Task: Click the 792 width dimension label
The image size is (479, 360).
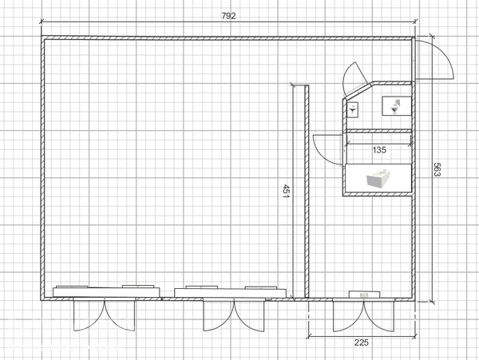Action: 228,16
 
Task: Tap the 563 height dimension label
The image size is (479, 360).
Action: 437,169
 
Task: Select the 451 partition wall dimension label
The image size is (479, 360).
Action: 286,191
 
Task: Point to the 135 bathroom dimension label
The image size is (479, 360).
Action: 379,150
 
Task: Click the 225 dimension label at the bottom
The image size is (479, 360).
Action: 362,342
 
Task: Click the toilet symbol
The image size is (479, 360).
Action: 396,106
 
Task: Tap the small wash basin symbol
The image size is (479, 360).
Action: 353,109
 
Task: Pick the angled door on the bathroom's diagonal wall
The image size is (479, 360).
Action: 354,78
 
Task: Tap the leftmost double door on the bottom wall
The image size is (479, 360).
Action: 104,315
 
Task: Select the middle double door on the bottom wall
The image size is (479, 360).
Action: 234,316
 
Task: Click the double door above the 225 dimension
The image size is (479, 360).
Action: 363,316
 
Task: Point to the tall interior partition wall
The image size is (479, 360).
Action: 307,192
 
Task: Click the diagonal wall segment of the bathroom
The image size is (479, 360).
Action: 358,90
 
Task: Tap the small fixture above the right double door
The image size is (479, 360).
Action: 364,295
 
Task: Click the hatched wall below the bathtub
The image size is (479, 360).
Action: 378,194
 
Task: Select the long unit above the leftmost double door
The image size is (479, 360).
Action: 106,291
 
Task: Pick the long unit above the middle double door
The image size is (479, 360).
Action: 230,292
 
